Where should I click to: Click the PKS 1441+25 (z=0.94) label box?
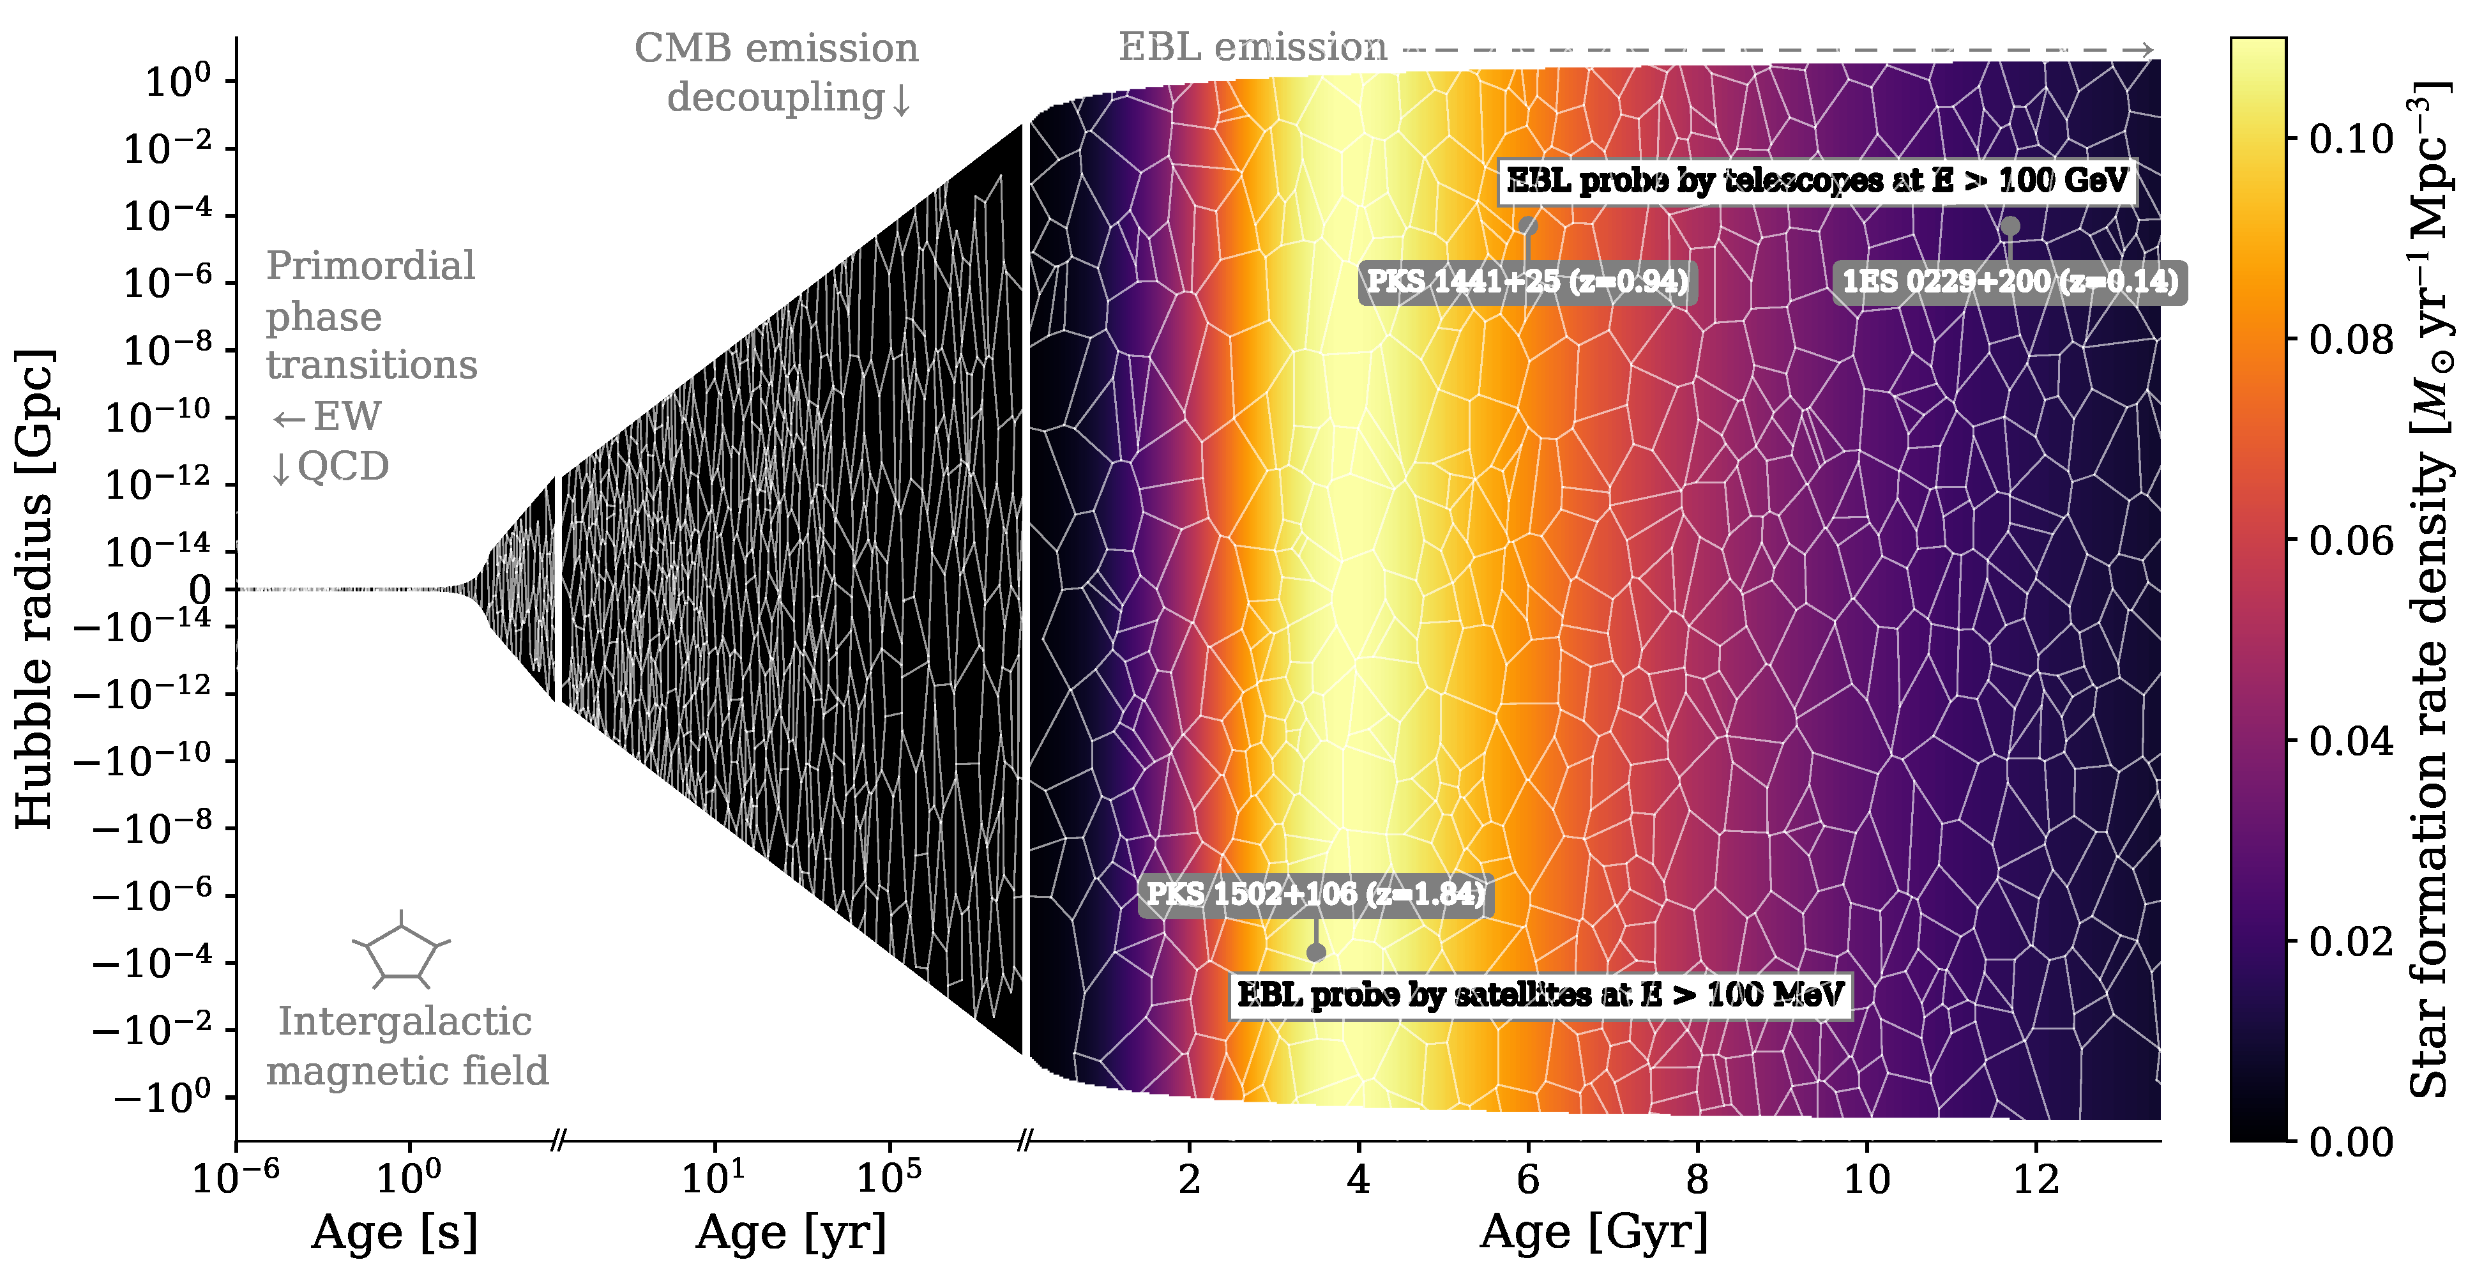[x=1527, y=282]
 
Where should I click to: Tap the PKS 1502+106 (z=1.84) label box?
[x=1315, y=895]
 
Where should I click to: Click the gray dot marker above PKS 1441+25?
[x=1528, y=226]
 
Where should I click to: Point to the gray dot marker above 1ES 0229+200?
[x=2010, y=226]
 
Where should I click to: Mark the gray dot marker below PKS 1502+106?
[x=1315, y=952]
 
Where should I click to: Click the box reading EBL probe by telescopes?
[x=1817, y=180]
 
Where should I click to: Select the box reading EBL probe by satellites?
[x=1540, y=995]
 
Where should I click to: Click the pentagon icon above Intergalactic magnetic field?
[x=402, y=952]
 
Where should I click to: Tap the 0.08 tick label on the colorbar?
[x=2351, y=339]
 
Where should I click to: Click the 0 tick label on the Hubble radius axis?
[x=199, y=589]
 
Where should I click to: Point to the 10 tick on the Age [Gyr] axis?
[x=1866, y=1178]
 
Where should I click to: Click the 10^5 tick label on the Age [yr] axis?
[x=888, y=1175]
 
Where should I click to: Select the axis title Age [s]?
[x=394, y=1232]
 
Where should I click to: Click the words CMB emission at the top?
[x=776, y=48]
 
